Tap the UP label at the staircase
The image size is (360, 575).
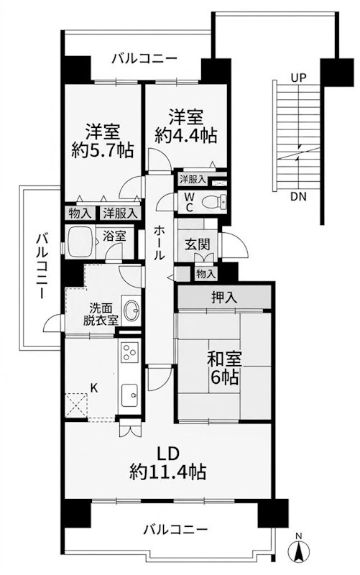point(299,77)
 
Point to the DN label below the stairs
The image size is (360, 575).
point(299,196)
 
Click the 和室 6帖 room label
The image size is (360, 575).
point(224,367)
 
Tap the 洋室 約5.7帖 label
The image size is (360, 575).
point(101,142)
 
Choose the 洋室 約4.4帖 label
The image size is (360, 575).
point(185,124)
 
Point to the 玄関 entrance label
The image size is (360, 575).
point(198,244)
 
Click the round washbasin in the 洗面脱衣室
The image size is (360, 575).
point(132,310)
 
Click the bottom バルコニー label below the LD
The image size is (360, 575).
point(175,530)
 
